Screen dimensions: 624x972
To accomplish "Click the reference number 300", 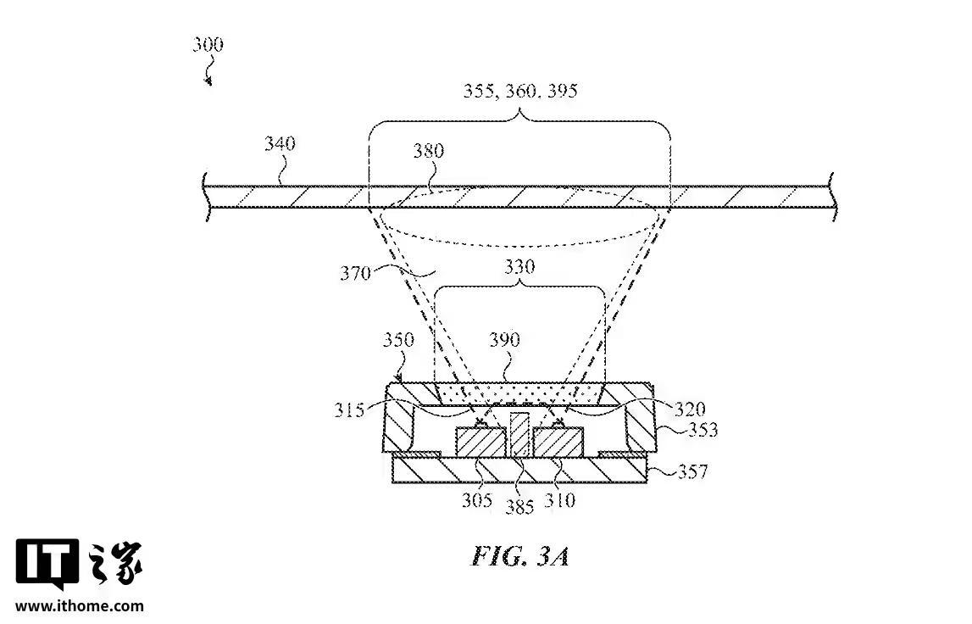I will [x=208, y=44].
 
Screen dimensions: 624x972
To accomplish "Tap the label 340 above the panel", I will [x=280, y=143].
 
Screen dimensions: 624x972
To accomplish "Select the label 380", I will [x=429, y=152].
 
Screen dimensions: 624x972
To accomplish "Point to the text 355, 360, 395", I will [x=521, y=90].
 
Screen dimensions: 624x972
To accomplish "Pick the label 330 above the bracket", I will [x=519, y=265].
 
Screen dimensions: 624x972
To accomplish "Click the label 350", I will [x=398, y=341].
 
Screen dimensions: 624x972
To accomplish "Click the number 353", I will [x=701, y=430].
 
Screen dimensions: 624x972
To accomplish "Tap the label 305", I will [x=477, y=499].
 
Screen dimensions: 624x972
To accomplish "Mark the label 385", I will [x=519, y=506].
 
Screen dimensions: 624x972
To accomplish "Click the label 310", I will [x=560, y=499].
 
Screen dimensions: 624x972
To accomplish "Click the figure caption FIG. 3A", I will [x=519, y=556].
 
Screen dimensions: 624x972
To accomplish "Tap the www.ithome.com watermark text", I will [x=80, y=605].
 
